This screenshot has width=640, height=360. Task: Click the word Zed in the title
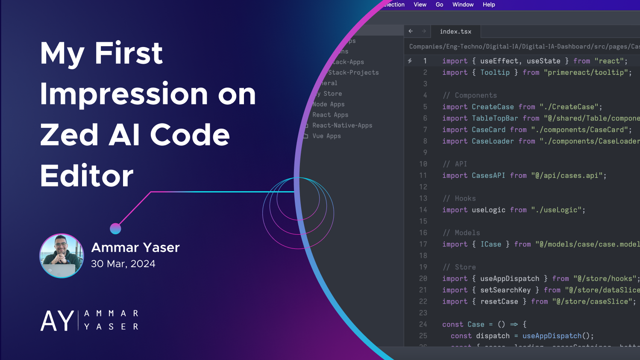(69, 135)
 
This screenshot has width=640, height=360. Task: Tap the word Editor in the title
(87, 176)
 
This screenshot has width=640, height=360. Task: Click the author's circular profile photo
(62, 256)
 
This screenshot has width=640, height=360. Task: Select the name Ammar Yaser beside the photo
(135, 248)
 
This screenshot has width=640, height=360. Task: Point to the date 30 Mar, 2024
(123, 264)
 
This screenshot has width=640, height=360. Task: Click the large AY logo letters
(57, 321)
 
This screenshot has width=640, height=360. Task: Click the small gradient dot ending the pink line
(115, 229)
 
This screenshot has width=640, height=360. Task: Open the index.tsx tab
(455, 32)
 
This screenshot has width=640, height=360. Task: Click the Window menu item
(463, 5)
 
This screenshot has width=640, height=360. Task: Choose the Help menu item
(489, 5)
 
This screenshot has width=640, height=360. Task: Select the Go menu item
(439, 5)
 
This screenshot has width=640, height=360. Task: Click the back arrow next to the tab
(411, 31)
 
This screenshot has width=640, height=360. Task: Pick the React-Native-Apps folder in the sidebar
(342, 125)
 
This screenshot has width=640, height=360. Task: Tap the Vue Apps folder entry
(326, 136)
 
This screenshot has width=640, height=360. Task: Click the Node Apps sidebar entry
(328, 104)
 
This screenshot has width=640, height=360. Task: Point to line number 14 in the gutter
(423, 210)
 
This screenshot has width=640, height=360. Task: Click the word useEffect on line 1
(499, 61)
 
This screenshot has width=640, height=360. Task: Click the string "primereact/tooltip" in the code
(587, 73)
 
